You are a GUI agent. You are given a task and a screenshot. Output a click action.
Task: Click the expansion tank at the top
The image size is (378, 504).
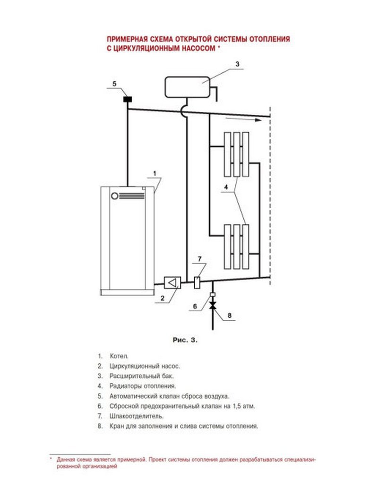coord(188,87)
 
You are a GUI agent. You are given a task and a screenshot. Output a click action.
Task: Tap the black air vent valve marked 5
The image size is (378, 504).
coord(128,99)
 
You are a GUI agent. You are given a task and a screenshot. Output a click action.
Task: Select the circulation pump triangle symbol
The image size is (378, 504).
coord(172,283)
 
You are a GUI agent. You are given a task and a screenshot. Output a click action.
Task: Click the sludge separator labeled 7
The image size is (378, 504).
coord(197,282)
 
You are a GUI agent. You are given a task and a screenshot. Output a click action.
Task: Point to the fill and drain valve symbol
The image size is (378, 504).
coord(213,305)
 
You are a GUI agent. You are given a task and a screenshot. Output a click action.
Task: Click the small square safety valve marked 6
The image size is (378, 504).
coord(213,294)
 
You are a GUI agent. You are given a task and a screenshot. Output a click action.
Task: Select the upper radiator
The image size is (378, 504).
coord(237,154)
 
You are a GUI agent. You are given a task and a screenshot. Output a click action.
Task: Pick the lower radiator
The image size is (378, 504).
coord(237,247)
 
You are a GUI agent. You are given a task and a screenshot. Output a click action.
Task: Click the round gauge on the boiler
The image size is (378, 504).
coord(115,196)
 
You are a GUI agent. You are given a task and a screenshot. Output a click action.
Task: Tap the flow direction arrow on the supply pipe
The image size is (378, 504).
coord(243,120)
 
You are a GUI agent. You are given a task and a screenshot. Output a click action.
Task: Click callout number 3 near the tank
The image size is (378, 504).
coord(238,64)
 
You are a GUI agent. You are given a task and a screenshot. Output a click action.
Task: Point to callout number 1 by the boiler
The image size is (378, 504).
coord(155,173)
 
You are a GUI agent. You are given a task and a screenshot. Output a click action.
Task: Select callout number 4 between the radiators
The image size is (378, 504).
coord(226,187)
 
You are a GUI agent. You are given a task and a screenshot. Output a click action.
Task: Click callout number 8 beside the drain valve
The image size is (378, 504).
coord(230,316)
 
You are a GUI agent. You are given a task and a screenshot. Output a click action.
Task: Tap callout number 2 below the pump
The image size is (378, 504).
coord(163,298)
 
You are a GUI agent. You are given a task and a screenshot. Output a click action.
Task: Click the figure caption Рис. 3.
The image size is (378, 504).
coord(185,340)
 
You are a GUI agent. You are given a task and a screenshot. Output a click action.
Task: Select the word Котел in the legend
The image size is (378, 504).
coord(119,356)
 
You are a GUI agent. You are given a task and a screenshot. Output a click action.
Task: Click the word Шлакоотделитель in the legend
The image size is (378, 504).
coord(137,416)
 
